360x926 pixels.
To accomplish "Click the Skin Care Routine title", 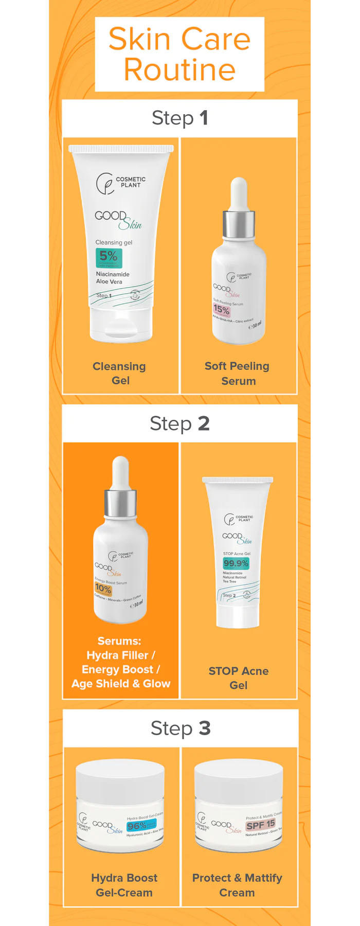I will pyautogui.click(x=179, y=54).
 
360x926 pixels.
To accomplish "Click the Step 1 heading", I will pyautogui.click(x=179, y=118).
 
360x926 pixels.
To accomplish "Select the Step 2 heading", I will pyautogui.click(x=179, y=423).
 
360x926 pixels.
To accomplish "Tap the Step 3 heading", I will pyautogui.click(x=181, y=728).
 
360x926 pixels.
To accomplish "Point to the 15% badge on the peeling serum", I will pyautogui.click(x=222, y=310).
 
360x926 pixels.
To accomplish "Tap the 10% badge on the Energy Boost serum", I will pyautogui.click(x=103, y=589).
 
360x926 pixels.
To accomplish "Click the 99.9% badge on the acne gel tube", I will pyautogui.click(x=236, y=563).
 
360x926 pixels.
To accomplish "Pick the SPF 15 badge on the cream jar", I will pyautogui.click(x=260, y=825).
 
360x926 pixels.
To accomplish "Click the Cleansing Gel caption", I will pyautogui.click(x=119, y=373).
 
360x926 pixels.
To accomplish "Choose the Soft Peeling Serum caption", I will pyautogui.click(x=238, y=373).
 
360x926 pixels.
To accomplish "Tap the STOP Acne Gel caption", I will pyautogui.click(x=238, y=678).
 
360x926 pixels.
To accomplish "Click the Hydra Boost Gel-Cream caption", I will pyautogui.click(x=124, y=885).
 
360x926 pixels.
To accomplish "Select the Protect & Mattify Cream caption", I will pyautogui.click(x=237, y=885).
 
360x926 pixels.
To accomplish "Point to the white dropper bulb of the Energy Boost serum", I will pyautogui.click(x=120, y=472).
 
